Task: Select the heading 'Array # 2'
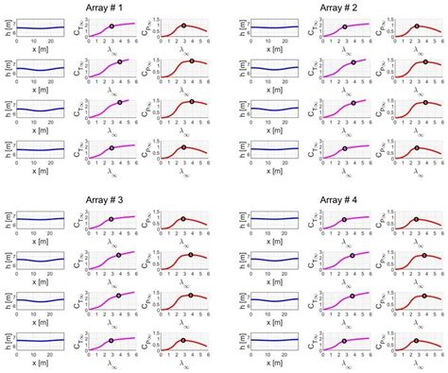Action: coord(337,8)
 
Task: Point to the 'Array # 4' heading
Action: coord(337,201)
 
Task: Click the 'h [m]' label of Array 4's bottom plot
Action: coord(232,342)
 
